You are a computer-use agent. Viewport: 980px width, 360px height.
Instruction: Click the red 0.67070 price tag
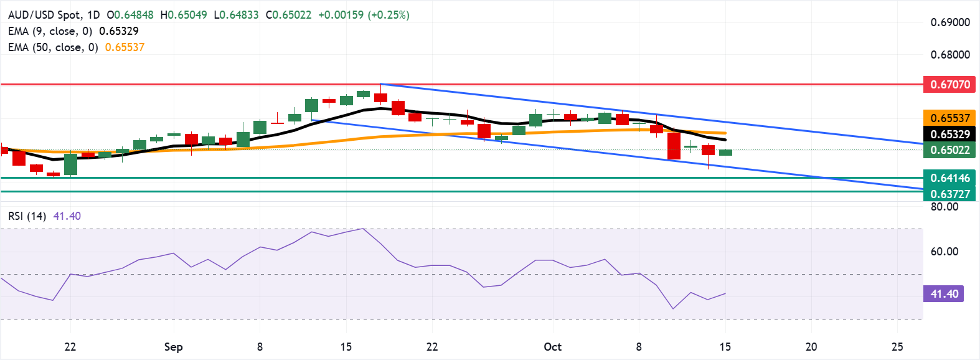click(x=949, y=84)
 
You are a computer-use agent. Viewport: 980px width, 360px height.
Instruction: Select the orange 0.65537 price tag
click(x=949, y=118)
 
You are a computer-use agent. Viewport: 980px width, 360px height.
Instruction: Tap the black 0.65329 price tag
click(x=949, y=134)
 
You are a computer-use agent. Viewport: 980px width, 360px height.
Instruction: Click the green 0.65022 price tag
click(x=949, y=150)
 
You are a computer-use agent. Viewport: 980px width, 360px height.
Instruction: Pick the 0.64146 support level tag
click(x=949, y=178)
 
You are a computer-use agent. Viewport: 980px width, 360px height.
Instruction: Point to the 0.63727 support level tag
click(x=949, y=194)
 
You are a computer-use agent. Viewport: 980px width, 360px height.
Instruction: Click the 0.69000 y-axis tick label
click(x=949, y=22)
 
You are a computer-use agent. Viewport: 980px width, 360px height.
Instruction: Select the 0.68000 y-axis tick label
click(x=949, y=55)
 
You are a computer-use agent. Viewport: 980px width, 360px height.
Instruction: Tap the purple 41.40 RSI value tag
click(x=944, y=294)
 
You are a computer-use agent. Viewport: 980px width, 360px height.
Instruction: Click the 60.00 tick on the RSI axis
click(x=944, y=252)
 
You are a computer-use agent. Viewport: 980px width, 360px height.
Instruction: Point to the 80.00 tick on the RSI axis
click(x=944, y=207)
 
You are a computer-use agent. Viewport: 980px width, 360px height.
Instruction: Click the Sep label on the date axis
click(x=173, y=347)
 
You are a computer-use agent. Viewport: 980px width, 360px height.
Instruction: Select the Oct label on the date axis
click(x=552, y=347)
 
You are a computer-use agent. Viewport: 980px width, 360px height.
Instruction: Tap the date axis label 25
click(x=897, y=347)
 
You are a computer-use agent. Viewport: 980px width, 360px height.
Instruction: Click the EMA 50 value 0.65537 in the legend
click(x=125, y=47)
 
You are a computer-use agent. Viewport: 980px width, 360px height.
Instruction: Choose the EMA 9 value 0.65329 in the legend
click(x=119, y=31)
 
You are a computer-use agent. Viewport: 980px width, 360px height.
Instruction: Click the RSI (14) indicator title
click(x=27, y=216)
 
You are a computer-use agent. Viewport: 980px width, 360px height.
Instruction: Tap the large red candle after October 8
click(x=674, y=146)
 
